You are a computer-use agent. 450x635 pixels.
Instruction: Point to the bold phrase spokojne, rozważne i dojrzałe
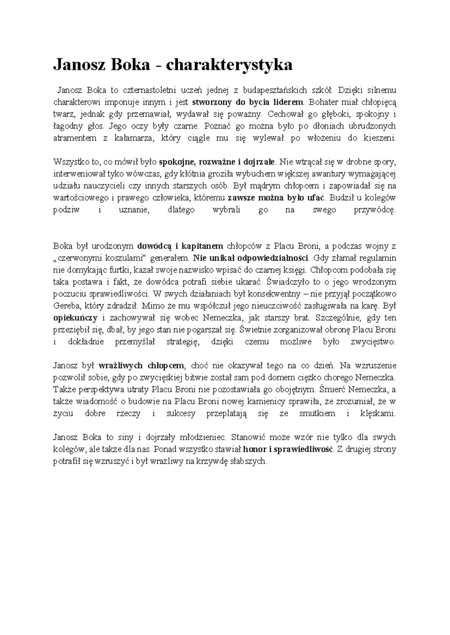[217, 162]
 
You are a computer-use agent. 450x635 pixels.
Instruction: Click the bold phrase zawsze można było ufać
[276, 198]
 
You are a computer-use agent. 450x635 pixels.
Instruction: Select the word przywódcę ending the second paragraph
[375, 210]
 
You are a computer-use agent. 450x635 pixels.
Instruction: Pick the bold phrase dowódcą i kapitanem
[180, 246]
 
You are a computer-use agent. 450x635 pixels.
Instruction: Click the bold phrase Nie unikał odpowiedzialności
[251, 258]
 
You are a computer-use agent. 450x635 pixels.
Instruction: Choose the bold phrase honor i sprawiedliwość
[288, 449]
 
